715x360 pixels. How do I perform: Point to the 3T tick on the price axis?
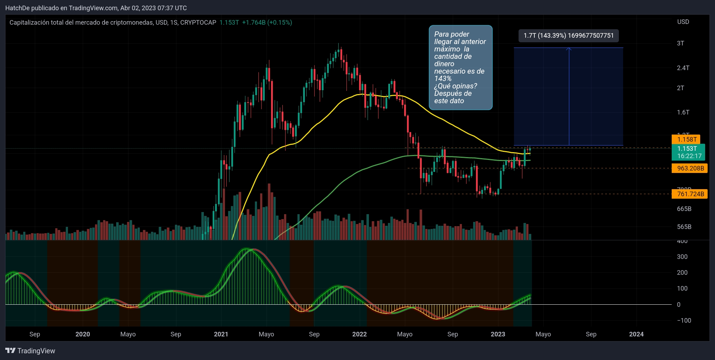click(x=680, y=43)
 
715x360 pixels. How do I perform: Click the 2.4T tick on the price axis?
click(x=683, y=68)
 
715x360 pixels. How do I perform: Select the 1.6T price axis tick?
click(x=683, y=112)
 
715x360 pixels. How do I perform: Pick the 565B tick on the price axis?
click(x=684, y=227)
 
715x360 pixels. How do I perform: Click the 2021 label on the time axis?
click(x=221, y=334)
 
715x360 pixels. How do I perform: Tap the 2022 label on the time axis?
click(x=359, y=334)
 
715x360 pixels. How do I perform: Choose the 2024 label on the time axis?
click(x=636, y=334)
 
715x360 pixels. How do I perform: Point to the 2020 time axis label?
click(x=83, y=334)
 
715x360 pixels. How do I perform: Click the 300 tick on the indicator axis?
click(x=682, y=257)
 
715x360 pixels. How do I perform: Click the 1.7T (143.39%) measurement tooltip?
click(x=569, y=36)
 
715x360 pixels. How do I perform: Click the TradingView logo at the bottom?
click(x=30, y=351)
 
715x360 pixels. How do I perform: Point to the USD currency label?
click(x=683, y=22)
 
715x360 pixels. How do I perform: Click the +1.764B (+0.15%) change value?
click(x=267, y=23)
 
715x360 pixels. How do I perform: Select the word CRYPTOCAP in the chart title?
click(x=198, y=23)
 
